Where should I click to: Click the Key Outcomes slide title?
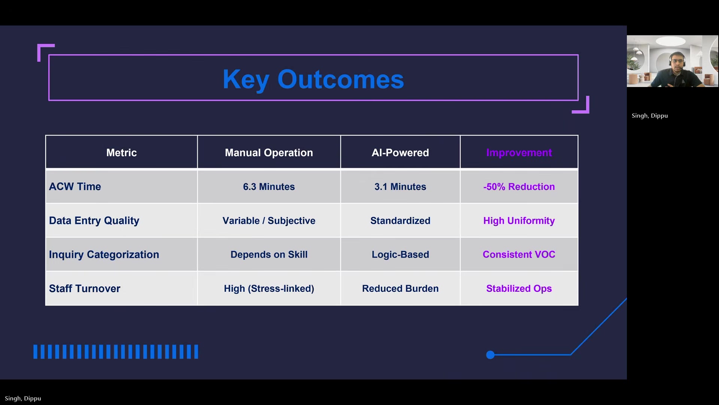pos(313,79)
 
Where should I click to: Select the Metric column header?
pos(121,153)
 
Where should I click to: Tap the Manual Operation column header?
pos(269,153)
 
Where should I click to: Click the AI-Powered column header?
pos(400,153)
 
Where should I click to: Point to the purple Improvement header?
pos(519,153)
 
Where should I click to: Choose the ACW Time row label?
pos(75,186)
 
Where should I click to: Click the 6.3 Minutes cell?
pos(269,186)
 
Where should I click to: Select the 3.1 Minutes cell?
pos(400,186)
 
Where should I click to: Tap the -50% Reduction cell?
pos(519,186)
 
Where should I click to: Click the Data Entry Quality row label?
pos(94,220)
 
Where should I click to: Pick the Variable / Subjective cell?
pos(269,220)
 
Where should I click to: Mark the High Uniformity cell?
pos(519,220)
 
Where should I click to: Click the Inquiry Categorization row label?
pos(104,254)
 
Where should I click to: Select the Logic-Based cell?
pos(400,254)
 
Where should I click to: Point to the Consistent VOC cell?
pos(519,254)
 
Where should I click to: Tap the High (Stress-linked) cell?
pos(269,288)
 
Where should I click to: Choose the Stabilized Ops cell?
pos(519,288)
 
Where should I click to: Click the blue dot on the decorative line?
pos(490,355)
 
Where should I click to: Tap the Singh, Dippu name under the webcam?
pos(649,115)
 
